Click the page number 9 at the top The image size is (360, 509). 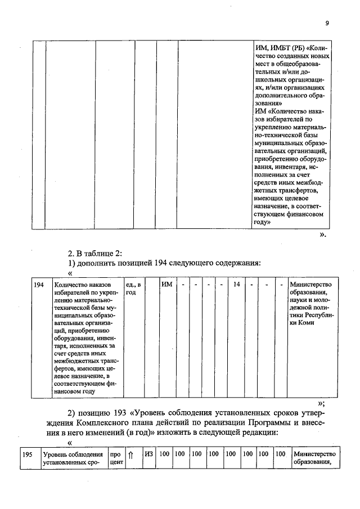pos(326,23)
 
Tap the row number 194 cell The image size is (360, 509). pos(39,285)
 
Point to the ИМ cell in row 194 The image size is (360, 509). pos(166,285)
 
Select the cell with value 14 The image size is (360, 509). pos(237,285)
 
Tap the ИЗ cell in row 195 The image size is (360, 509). pos(148,454)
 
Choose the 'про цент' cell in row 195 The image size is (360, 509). pos(116,458)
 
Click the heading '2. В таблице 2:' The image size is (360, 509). pos(92,251)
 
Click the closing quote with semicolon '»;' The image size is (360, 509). pos(321,403)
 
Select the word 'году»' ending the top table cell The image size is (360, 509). pos(265,222)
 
